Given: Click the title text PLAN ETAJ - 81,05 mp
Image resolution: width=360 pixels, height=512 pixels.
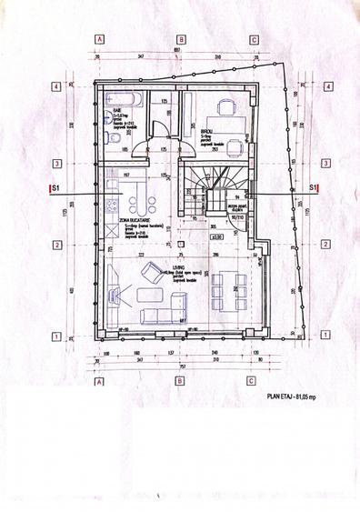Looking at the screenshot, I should tap(296, 397).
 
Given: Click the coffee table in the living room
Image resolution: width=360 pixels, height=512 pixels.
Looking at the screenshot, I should tap(149, 296).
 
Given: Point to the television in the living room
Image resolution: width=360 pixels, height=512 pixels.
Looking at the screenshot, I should tap(113, 295).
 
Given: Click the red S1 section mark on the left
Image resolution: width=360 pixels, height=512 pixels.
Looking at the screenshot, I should tap(53, 188).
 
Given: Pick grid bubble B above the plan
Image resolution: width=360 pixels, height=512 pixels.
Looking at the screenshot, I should tap(181, 40).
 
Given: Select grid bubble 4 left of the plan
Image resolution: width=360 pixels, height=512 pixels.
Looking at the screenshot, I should tap(56, 86).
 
